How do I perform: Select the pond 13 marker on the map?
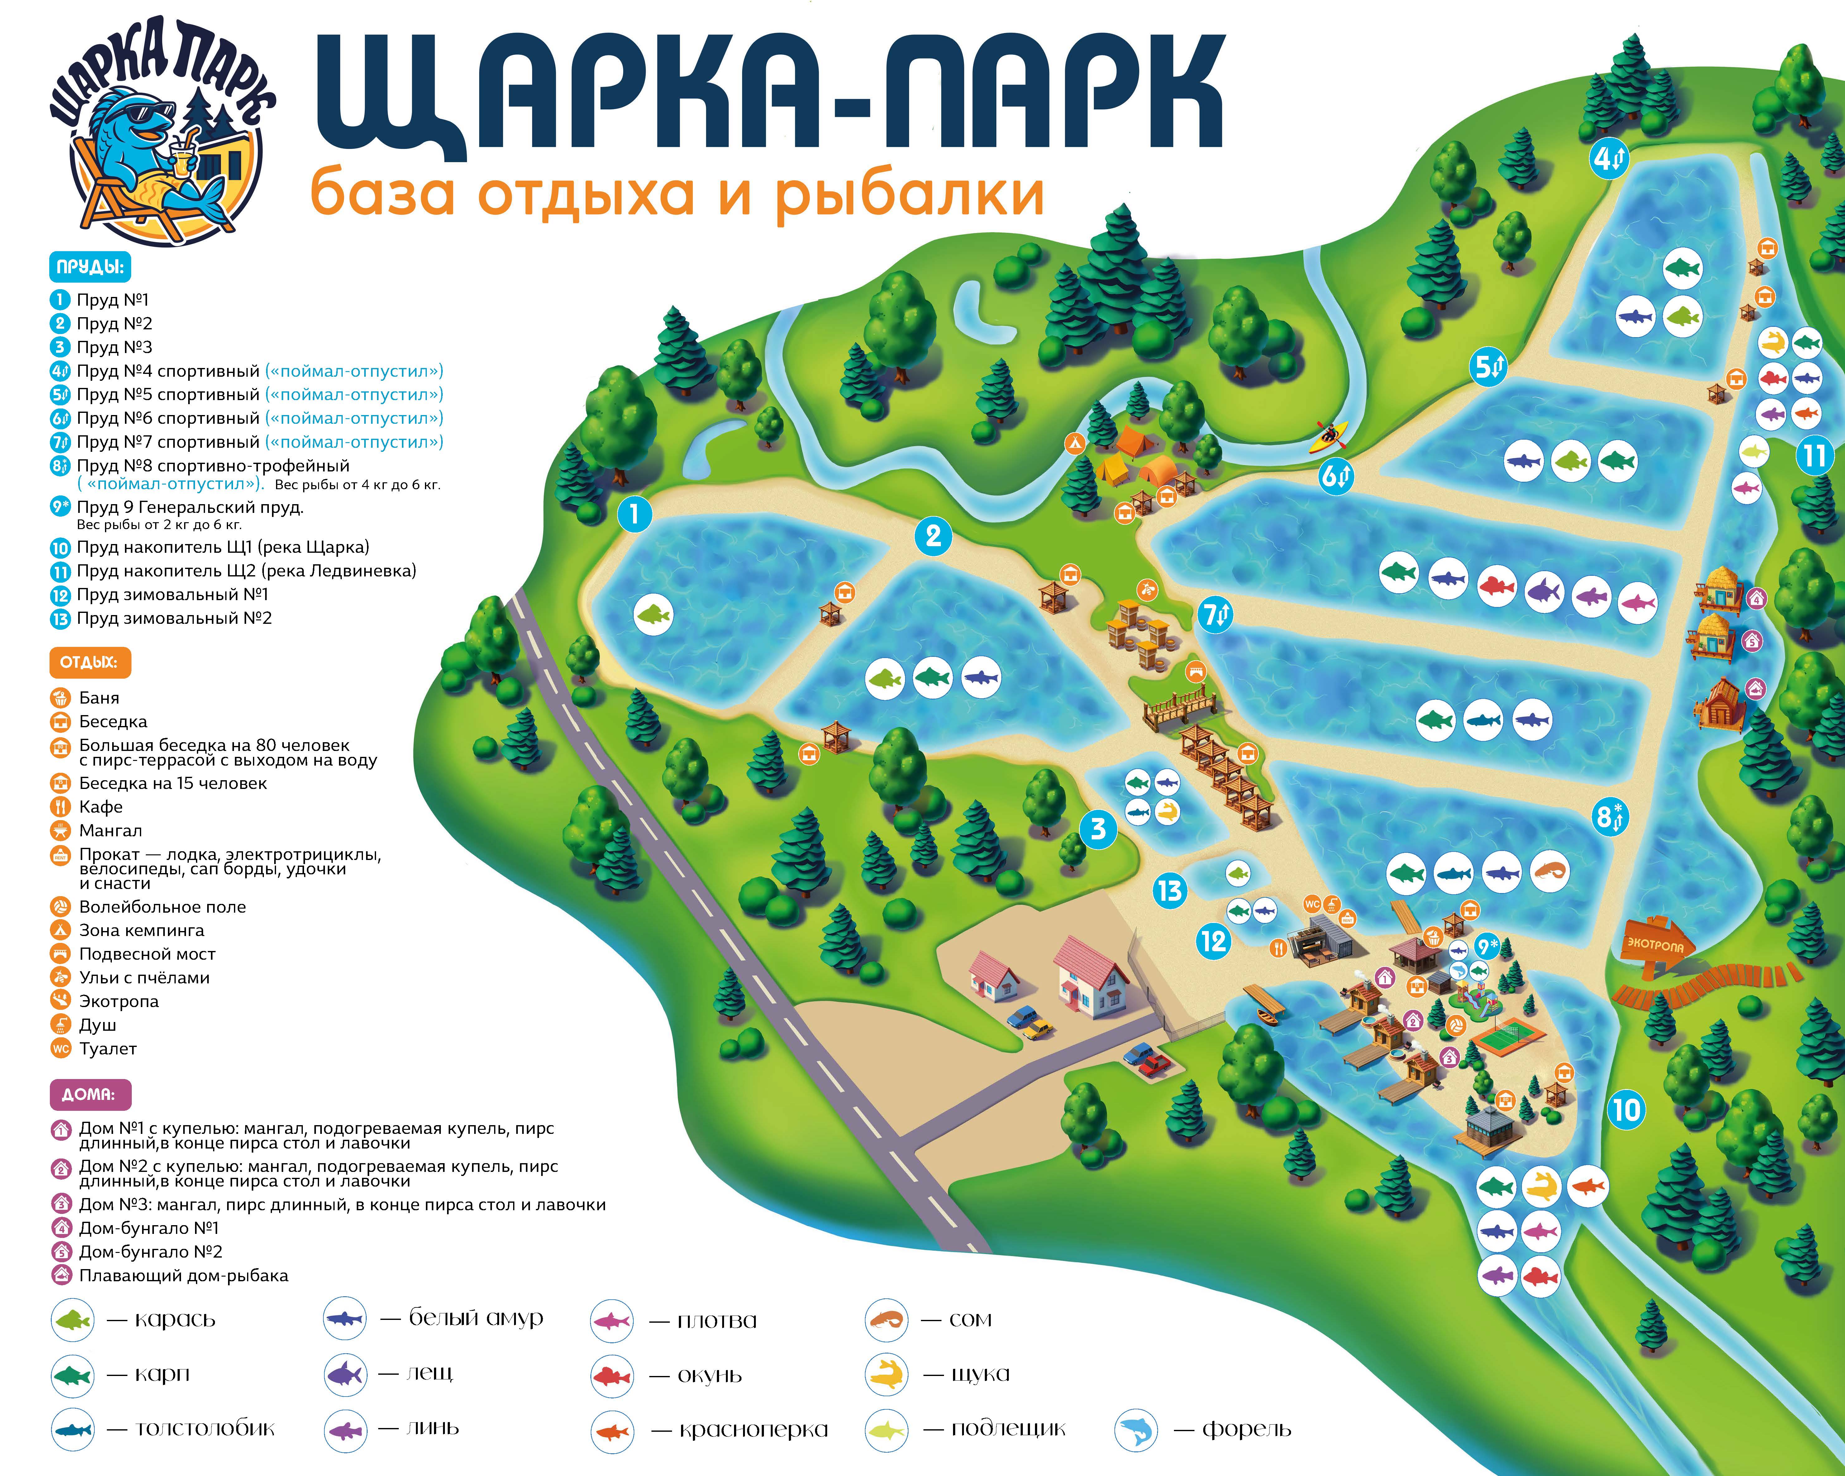coord(1169,891)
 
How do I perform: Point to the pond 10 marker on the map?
coord(1626,1110)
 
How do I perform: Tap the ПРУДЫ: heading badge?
coord(90,267)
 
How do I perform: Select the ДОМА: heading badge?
coord(89,1094)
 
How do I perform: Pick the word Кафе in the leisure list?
coord(101,807)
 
